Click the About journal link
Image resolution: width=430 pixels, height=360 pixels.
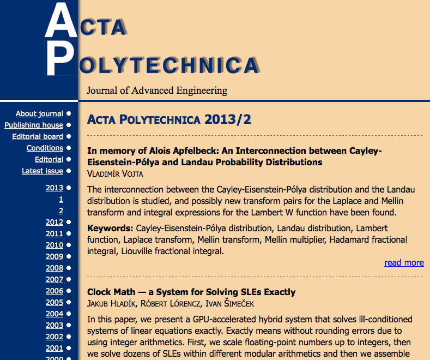tap(39, 113)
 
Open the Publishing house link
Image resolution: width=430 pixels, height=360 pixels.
tap(34, 125)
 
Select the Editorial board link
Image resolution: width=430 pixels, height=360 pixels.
tap(38, 136)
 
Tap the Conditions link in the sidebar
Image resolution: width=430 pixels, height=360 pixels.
tap(45, 148)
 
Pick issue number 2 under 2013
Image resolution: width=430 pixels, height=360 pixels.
tap(61, 211)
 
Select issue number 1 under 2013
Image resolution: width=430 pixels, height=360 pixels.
tap(61, 199)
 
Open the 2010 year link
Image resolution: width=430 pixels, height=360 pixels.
tap(54, 245)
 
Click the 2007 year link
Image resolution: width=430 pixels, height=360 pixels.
tap(54, 279)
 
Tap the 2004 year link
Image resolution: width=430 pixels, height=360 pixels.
tap(54, 314)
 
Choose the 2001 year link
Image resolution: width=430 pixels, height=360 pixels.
tap(54, 348)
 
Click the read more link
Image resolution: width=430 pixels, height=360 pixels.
tap(404, 262)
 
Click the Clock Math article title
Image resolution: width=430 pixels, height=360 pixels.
tap(191, 292)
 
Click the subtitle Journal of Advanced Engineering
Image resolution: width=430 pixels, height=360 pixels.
tap(157, 91)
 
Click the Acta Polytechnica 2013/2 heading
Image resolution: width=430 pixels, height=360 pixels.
tap(169, 119)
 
